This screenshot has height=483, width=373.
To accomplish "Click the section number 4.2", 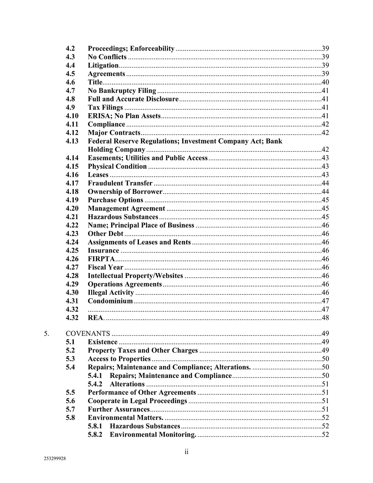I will [x=70, y=48].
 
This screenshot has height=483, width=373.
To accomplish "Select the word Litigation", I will [x=103, y=66].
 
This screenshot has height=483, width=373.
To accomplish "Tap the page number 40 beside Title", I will [x=325, y=82].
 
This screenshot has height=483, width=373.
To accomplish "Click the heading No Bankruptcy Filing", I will [x=122, y=91].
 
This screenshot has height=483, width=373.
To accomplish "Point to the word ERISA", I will [x=98, y=116].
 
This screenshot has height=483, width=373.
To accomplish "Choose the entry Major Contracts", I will [x=114, y=133].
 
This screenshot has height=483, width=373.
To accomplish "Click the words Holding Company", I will [x=116, y=150].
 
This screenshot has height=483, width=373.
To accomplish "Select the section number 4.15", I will [x=72, y=166].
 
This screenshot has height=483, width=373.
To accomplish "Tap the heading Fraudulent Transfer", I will [x=120, y=183].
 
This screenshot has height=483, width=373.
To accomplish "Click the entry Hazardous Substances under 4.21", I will [x=123, y=217].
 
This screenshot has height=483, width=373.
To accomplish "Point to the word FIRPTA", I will [x=101, y=259].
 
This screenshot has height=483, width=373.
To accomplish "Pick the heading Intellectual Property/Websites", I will [x=135, y=276].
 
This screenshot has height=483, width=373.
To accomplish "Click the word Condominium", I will [x=110, y=301].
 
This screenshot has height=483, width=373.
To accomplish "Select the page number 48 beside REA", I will [x=325, y=318].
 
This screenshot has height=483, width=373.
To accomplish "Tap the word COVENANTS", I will [x=88, y=333].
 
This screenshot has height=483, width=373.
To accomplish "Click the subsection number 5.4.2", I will [x=95, y=384].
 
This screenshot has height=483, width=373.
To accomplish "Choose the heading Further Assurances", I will [x=119, y=409].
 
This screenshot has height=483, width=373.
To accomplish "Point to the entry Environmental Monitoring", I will [x=153, y=435].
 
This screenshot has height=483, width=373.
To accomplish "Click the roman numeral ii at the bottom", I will [x=186, y=452].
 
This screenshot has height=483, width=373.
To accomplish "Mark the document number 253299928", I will [x=55, y=459].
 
